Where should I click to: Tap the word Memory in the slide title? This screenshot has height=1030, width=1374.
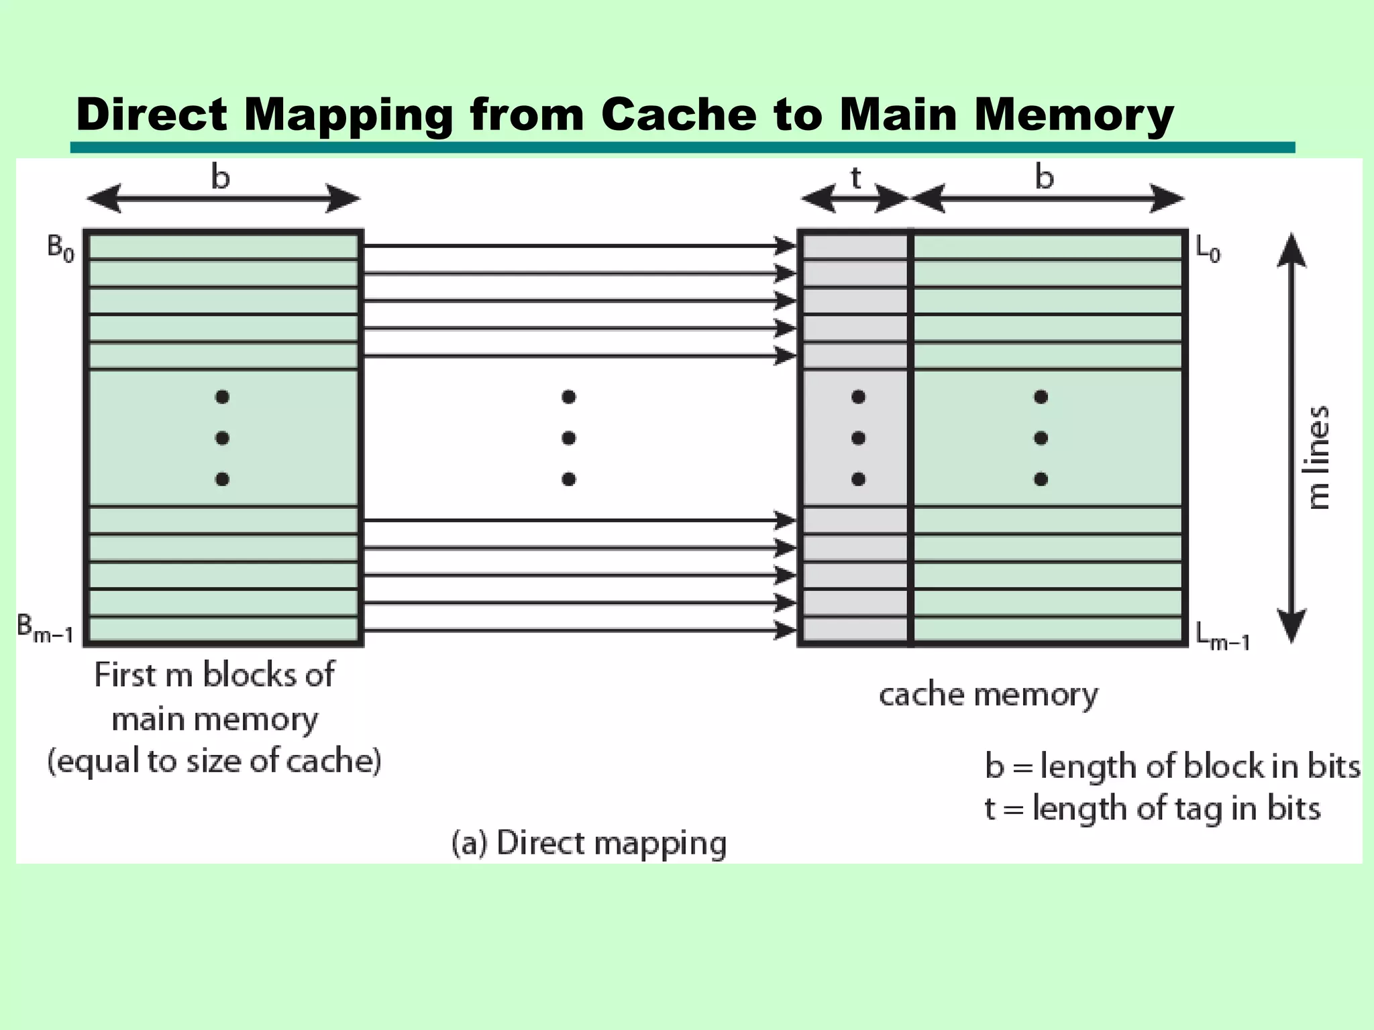pos(1073,115)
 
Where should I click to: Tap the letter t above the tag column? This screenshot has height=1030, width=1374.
pos(855,178)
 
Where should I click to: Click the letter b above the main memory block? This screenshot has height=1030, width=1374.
pos(221,178)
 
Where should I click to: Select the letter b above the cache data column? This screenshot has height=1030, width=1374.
pos(1045,178)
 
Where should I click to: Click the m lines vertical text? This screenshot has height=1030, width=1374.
pos(1319,457)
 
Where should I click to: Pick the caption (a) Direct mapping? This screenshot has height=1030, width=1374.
pos(589,843)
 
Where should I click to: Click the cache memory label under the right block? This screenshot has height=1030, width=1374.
pos(988,695)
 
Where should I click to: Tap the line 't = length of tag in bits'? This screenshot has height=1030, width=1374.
pos(1152,808)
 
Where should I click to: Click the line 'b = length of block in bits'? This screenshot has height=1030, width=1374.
pos(1172,766)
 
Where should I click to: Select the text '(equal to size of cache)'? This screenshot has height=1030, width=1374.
pos(214,761)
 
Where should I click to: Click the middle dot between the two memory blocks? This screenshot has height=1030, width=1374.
pos(569,439)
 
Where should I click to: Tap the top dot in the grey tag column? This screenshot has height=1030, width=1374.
pos(858,397)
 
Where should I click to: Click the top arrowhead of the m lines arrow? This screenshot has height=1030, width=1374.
pos(1291,249)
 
